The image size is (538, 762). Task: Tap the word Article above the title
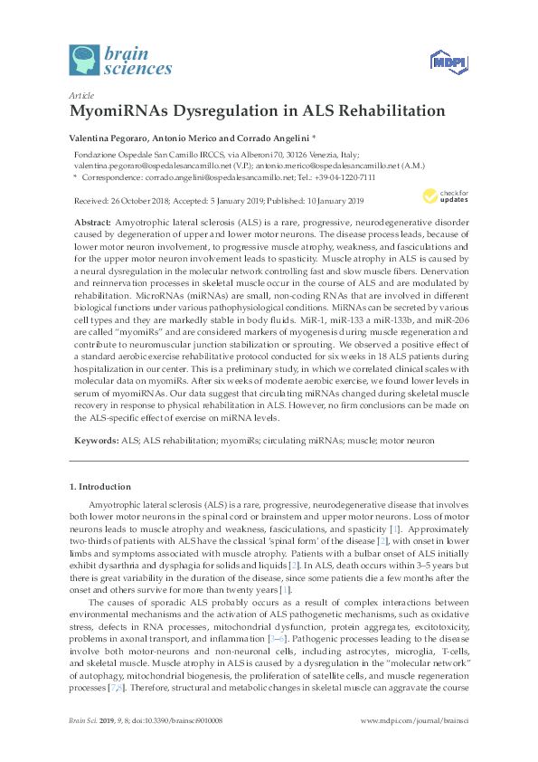pyautogui.click(x=80, y=94)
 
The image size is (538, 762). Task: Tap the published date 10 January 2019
pyautogui.click(x=324, y=201)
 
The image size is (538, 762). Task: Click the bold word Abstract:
pyautogui.click(x=93, y=223)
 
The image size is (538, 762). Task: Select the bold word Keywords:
pyautogui.click(x=96, y=439)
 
